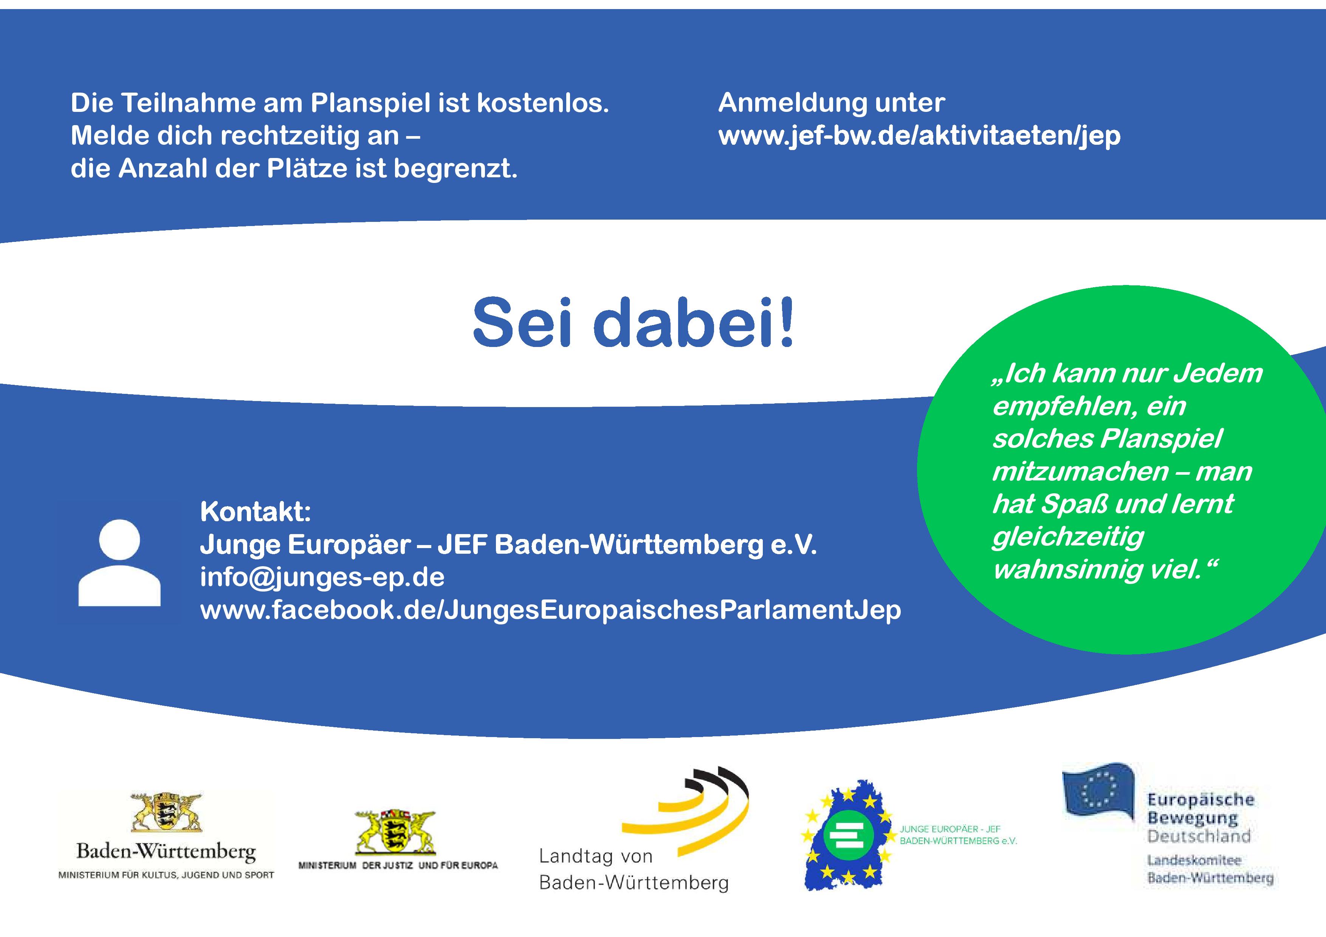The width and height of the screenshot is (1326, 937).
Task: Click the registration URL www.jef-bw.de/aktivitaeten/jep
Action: tap(919, 136)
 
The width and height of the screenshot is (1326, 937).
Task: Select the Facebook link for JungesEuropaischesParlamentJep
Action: tap(550, 610)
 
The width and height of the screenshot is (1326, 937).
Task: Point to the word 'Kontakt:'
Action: tap(255, 511)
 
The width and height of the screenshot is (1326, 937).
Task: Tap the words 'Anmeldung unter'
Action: tap(832, 103)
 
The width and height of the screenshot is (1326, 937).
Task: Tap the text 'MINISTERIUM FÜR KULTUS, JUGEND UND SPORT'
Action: tap(166, 875)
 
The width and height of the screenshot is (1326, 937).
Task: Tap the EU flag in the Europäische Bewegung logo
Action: tap(1098, 790)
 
